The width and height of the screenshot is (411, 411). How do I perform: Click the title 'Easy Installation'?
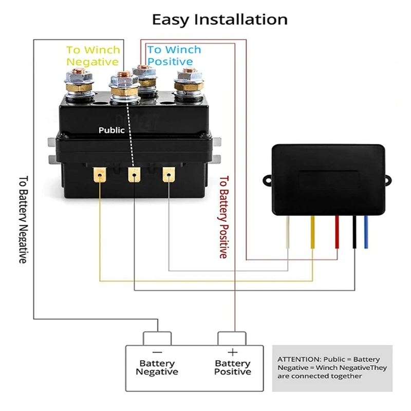219,20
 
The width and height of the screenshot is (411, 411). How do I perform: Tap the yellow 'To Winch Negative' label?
93,55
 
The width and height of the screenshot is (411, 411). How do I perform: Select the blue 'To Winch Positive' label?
174,55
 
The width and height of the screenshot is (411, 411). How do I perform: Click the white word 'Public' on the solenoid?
111,130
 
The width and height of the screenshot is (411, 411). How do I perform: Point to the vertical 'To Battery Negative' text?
23,220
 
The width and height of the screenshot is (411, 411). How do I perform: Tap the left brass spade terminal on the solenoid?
98,175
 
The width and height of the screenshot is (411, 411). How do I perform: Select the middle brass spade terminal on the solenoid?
133,175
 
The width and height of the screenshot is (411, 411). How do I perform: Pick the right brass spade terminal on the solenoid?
167,175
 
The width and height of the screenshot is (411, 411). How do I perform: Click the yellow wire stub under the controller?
312,231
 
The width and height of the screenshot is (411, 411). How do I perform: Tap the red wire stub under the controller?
337,231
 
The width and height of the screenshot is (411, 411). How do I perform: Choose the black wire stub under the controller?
354,231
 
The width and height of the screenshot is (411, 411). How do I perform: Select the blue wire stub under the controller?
366,231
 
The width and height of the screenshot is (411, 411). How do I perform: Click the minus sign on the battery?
157,352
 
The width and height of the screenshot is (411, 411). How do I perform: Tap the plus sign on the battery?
232,352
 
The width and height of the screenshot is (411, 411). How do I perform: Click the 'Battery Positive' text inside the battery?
232,367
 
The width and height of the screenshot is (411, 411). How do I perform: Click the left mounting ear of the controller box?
268,180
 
